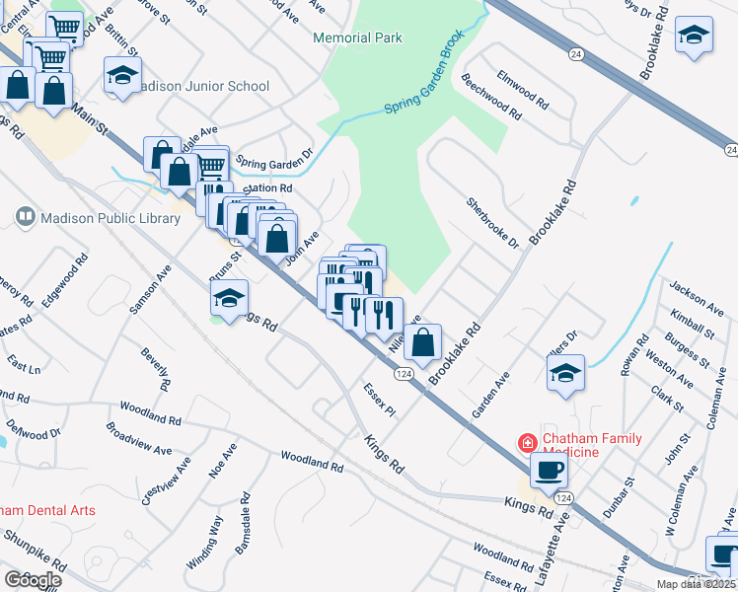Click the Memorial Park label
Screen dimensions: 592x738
click(357, 37)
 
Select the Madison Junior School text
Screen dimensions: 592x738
click(204, 86)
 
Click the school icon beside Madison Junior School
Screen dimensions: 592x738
click(122, 76)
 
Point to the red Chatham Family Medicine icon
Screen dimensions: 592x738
click(528, 443)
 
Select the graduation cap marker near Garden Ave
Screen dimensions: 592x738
click(565, 374)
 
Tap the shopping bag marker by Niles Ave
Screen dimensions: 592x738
click(422, 343)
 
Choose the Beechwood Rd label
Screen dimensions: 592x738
click(491, 98)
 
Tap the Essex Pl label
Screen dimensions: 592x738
click(378, 400)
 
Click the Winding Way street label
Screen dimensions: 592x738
click(205, 542)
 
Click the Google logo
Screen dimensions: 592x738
click(34, 579)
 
